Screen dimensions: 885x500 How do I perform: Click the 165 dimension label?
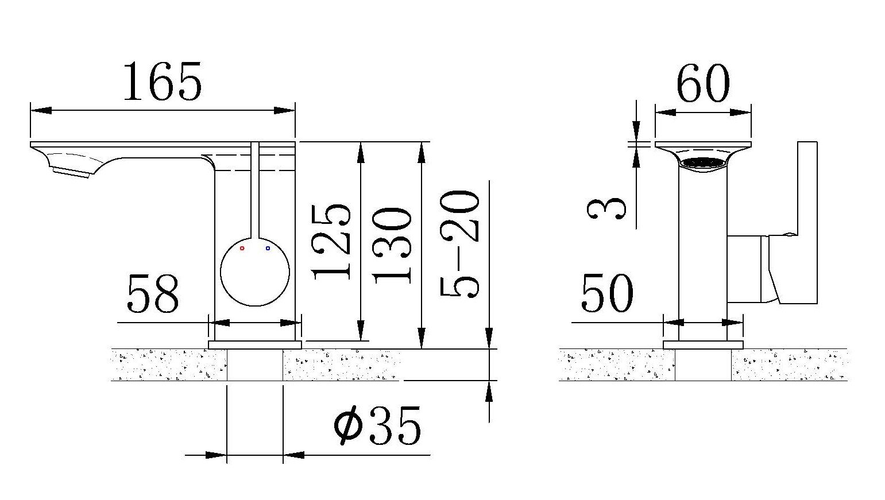click(x=163, y=82)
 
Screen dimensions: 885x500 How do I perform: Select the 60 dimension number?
click(x=704, y=83)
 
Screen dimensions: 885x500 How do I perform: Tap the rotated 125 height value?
click(x=331, y=242)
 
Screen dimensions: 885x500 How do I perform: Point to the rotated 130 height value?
click(x=392, y=246)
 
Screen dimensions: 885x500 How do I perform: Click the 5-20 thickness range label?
click(x=459, y=243)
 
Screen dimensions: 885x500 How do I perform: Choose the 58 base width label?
click(x=153, y=294)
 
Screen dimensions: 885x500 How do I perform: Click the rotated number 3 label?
click(x=606, y=208)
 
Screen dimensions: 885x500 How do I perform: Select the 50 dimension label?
click(x=607, y=293)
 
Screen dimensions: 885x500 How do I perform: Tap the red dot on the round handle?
click(x=242, y=249)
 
